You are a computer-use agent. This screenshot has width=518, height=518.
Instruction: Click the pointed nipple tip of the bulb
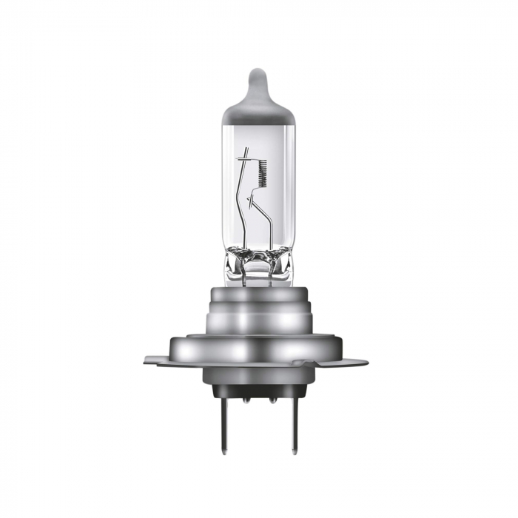[257, 75]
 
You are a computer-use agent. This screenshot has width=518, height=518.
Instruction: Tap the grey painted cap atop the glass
[258, 107]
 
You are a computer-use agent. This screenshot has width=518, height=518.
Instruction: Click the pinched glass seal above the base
[258, 263]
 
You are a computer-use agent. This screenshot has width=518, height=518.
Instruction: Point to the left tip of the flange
[146, 360]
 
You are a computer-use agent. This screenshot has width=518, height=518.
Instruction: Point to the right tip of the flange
[366, 362]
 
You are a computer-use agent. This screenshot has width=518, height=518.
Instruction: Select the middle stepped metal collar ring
[258, 319]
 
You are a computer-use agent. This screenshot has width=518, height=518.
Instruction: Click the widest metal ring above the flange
[258, 348]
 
